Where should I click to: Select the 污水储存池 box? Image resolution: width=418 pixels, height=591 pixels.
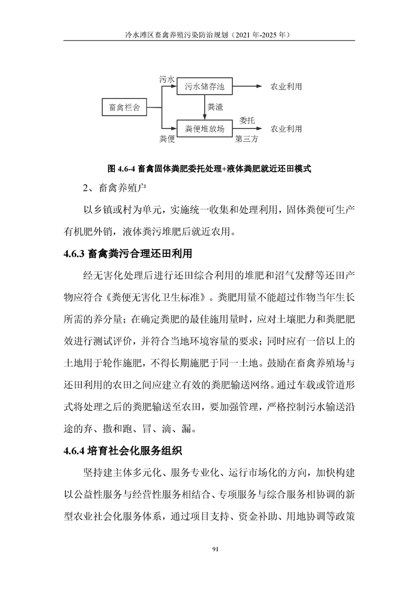click(205, 86)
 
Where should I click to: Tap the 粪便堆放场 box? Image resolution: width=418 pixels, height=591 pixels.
click(205, 129)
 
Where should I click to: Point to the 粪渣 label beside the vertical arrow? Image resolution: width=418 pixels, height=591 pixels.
click(215, 107)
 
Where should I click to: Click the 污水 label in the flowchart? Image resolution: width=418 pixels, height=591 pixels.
click(167, 78)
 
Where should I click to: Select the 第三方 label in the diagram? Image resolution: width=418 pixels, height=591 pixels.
click(247, 140)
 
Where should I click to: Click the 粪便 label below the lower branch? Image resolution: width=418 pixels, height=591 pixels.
click(167, 140)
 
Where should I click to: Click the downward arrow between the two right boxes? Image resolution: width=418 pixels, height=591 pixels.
click(205, 107)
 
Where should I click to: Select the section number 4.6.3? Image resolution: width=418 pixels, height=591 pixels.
click(74, 253)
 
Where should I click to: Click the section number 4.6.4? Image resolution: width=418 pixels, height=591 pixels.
click(74, 451)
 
